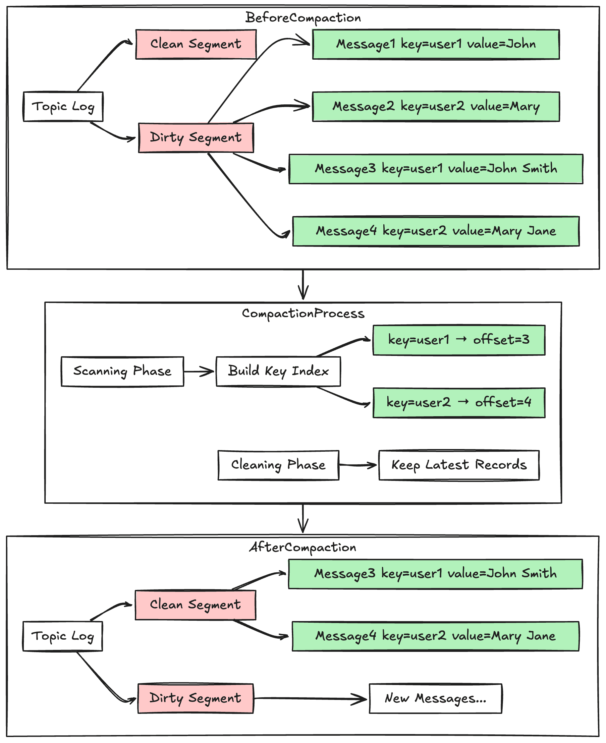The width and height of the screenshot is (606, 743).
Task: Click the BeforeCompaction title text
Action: [x=303, y=18]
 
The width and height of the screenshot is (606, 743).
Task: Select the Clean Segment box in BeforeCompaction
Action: [x=196, y=44]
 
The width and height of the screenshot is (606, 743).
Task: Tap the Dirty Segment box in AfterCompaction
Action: [x=195, y=698]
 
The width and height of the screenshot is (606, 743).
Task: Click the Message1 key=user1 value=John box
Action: [x=436, y=44]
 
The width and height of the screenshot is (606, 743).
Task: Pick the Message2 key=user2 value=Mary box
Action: [x=436, y=106]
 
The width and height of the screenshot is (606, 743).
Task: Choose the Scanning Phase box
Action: [x=122, y=371]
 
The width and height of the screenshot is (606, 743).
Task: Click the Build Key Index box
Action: [x=278, y=371]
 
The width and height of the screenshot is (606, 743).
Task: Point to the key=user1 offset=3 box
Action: [x=459, y=340]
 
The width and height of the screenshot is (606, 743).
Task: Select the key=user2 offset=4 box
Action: [x=459, y=403]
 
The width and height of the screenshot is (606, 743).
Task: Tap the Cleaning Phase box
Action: [x=278, y=465]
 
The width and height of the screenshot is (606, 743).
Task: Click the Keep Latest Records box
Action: [x=459, y=465]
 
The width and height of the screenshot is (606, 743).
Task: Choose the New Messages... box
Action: [x=435, y=698]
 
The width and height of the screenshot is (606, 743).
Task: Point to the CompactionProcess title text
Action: [x=303, y=314]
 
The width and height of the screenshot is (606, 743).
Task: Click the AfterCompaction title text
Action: [x=303, y=547]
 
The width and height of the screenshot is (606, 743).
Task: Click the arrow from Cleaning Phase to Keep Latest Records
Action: [x=358, y=465]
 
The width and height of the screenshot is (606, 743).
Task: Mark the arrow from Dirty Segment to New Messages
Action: [x=311, y=698]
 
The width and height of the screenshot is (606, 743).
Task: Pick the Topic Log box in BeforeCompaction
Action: [x=63, y=106]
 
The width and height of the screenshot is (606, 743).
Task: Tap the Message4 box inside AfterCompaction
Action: [x=435, y=636]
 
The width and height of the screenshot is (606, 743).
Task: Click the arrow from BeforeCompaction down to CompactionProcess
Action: [x=303, y=285]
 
